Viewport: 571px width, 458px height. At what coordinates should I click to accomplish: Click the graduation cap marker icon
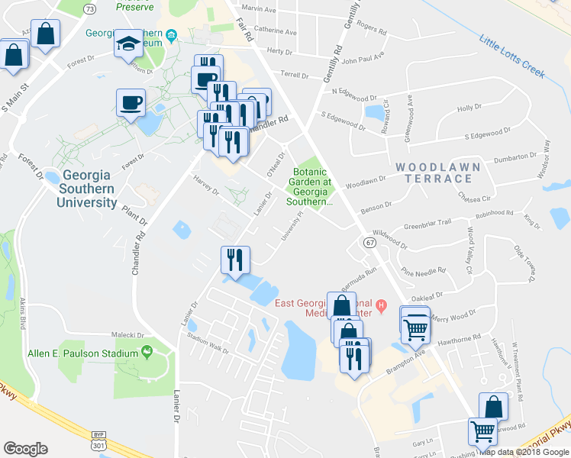pyautogui.click(x=129, y=44)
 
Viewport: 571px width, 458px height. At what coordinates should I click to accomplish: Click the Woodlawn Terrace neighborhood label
pyautogui.click(x=437, y=173)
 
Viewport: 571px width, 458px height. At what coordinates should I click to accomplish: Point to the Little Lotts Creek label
pyautogui.click(x=511, y=55)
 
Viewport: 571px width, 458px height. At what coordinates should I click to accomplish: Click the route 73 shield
pyautogui.click(x=91, y=8)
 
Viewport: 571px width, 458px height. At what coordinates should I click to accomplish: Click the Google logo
pyautogui.click(x=25, y=449)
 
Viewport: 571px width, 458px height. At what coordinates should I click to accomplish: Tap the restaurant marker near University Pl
pyautogui.click(x=235, y=260)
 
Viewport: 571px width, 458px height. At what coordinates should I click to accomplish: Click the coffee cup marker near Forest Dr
pyautogui.click(x=131, y=102)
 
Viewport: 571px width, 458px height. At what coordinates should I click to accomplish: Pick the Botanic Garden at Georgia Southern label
pyautogui.click(x=310, y=188)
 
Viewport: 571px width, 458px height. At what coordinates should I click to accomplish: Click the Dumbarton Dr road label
pyautogui.click(x=515, y=157)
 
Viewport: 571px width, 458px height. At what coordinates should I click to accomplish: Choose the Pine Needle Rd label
pyautogui.click(x=427, y=272)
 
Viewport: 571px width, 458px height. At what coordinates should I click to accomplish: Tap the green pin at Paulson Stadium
pyautogui.click(x=146, y=351)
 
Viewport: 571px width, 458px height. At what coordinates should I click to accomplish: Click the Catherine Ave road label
pyautogui.click(x=274, y=30)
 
